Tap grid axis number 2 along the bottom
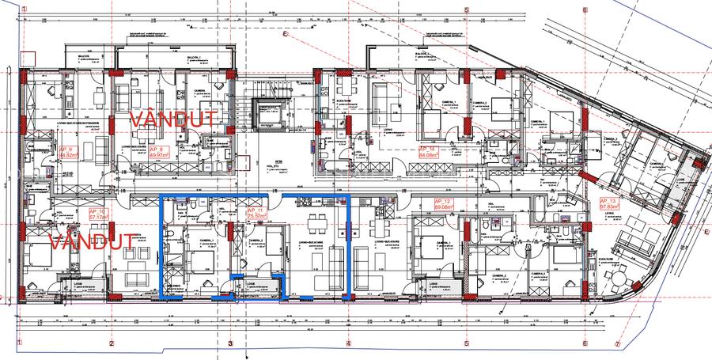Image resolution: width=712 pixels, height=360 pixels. pos(112,344)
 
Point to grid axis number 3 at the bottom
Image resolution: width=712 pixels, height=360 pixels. pos(230,344)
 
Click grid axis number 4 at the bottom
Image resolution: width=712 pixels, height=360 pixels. pos(348,344)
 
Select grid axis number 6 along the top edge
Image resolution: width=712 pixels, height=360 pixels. pos(585,10)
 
